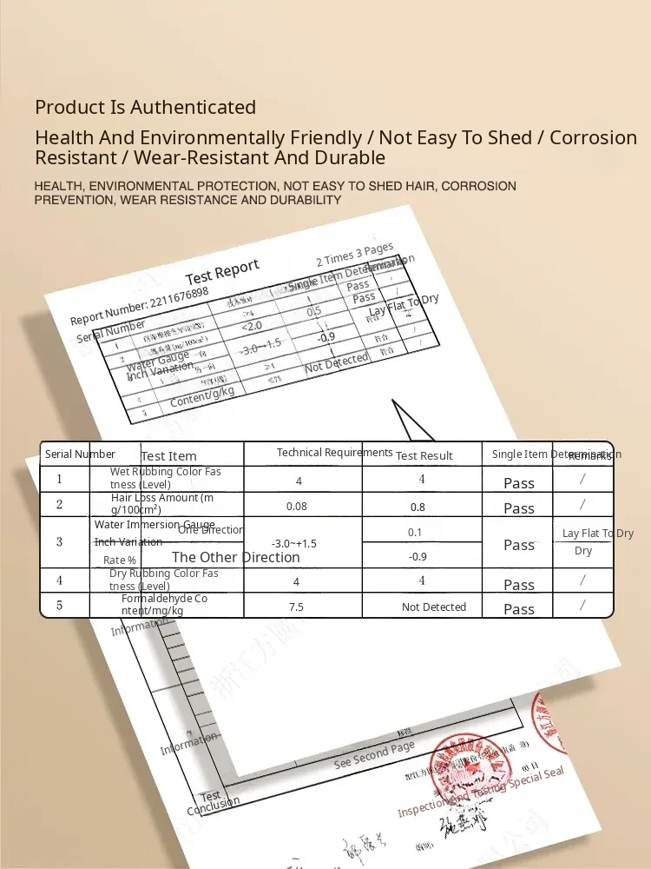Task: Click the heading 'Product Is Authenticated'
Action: point(145,107)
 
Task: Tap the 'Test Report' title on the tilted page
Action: point(222,272)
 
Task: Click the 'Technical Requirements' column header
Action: point(334,452)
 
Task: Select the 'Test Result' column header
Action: point(424,455)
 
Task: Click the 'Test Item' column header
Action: point(168,455)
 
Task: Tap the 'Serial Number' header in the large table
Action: point(80,454)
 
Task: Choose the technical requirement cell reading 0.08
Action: point(297,506)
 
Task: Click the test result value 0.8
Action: point(418,507)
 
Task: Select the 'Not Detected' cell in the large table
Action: point(434,607)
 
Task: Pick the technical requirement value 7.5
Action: point(296,607)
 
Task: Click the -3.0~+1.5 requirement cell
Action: point(294,543)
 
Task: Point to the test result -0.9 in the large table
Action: point(418,556)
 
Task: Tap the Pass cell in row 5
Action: point(519,608)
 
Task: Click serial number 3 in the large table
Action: point(59,541)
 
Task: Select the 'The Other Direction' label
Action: point(235,557)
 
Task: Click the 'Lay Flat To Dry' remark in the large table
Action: point(598,534)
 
